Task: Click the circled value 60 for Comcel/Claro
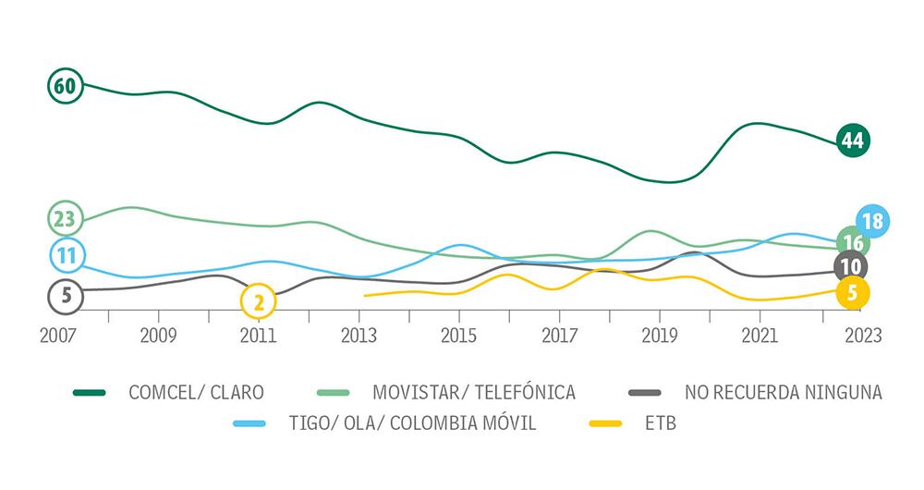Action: tap(64, 86)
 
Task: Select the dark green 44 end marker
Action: tap(852, 141)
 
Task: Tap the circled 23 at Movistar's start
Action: tap(64, 219)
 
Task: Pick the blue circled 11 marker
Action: tap(65, 255)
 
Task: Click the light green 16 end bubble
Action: tap(852, 243)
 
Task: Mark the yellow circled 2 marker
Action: tap(258, 300)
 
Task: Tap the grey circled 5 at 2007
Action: tap(64, 296)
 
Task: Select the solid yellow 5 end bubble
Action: tap(851, 294)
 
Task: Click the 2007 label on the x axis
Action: tap(58, 334)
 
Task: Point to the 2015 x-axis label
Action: tap(458, 334)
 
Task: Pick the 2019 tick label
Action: tap(659, 334)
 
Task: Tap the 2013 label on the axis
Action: tap(359, 334)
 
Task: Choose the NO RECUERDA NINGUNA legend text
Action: tap(784, 392)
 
